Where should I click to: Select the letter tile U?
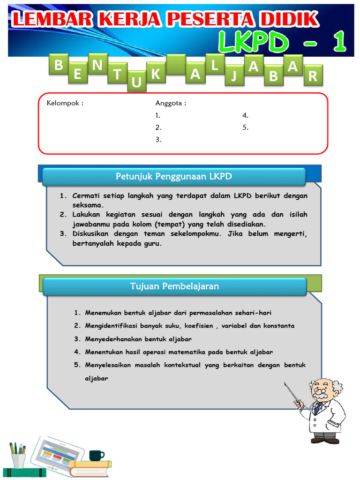click(136, 82)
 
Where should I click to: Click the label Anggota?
click(171, 103)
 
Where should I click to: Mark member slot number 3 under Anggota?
click(158, 139)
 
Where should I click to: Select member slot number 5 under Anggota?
click(245, 127)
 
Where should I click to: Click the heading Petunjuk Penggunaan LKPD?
click(174, 176)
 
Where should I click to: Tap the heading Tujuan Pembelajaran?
click(174, 286)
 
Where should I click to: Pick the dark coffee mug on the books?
click(96, 455)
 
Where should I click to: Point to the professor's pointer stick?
click(292, 393)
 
